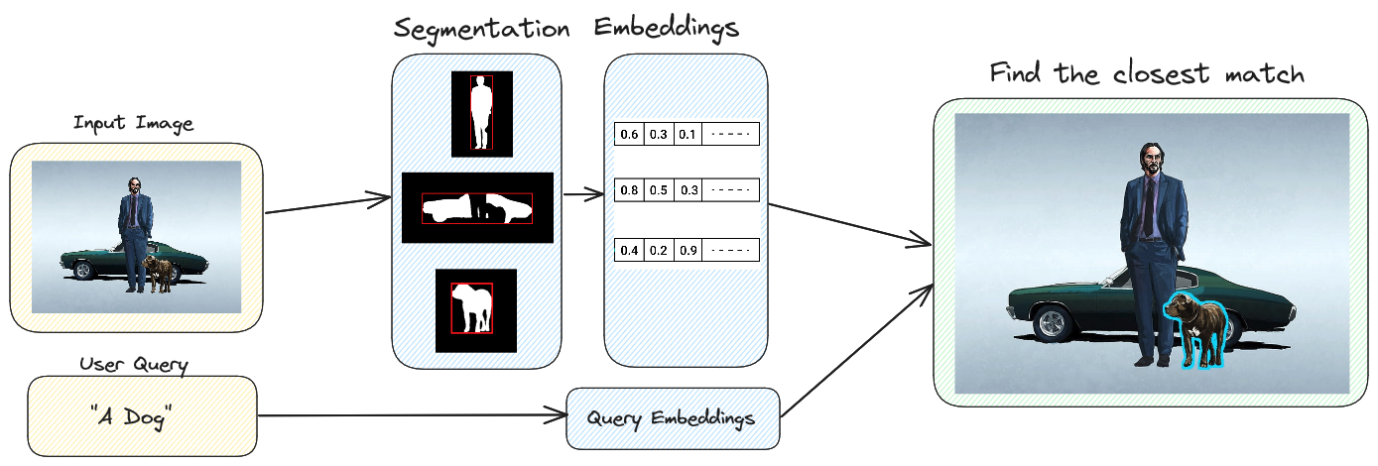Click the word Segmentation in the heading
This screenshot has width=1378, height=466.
(481, 29)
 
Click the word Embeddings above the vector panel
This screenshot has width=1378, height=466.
(666, 27)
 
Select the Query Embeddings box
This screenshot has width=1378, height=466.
(671, 418)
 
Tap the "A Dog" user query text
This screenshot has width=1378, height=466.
(132, 417)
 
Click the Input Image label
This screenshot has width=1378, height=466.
(133, 124)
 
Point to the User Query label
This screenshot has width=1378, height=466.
(133, 364)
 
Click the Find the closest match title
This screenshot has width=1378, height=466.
(1146, 74)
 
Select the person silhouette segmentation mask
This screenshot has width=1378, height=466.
(481, 113)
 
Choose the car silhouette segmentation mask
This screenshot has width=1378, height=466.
(477, 207)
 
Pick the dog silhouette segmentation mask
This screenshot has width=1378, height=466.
(475, 308)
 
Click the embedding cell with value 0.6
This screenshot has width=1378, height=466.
(629, 134)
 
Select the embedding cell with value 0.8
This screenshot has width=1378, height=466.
(629, 190)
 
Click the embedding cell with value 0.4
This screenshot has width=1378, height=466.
(629, 250)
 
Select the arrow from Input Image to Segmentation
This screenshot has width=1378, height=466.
(327, 205)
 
